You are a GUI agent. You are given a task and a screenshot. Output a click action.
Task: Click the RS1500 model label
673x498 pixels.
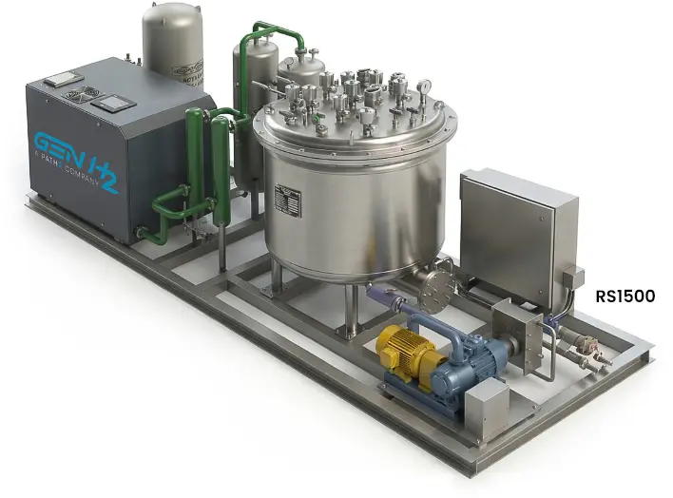[625, 297]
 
